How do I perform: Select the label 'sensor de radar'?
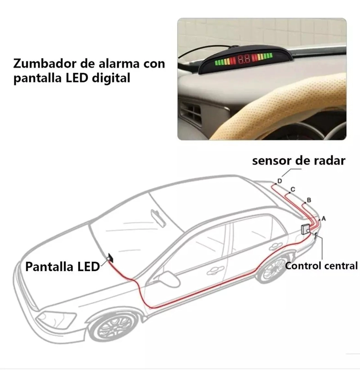[x=299, y=161]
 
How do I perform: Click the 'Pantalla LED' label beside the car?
[x=63, y=267]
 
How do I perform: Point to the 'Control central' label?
[x=321, y=266]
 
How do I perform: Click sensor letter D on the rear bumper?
[x=279, y=181]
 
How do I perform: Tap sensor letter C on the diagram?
[x=292, y=190]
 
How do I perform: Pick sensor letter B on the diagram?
[x=309, y=200]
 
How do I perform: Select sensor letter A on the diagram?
[x=324, y=219]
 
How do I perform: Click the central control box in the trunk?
[x=306, y=229]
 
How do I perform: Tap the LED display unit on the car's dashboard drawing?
[x=110, y=258]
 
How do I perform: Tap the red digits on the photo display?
[x=243, y=59]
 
